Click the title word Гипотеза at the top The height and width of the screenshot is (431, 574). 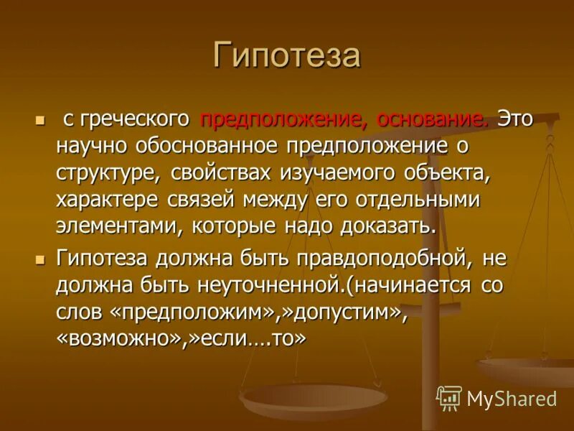[286, 55]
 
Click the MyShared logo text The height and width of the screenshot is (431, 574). [511, 398]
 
